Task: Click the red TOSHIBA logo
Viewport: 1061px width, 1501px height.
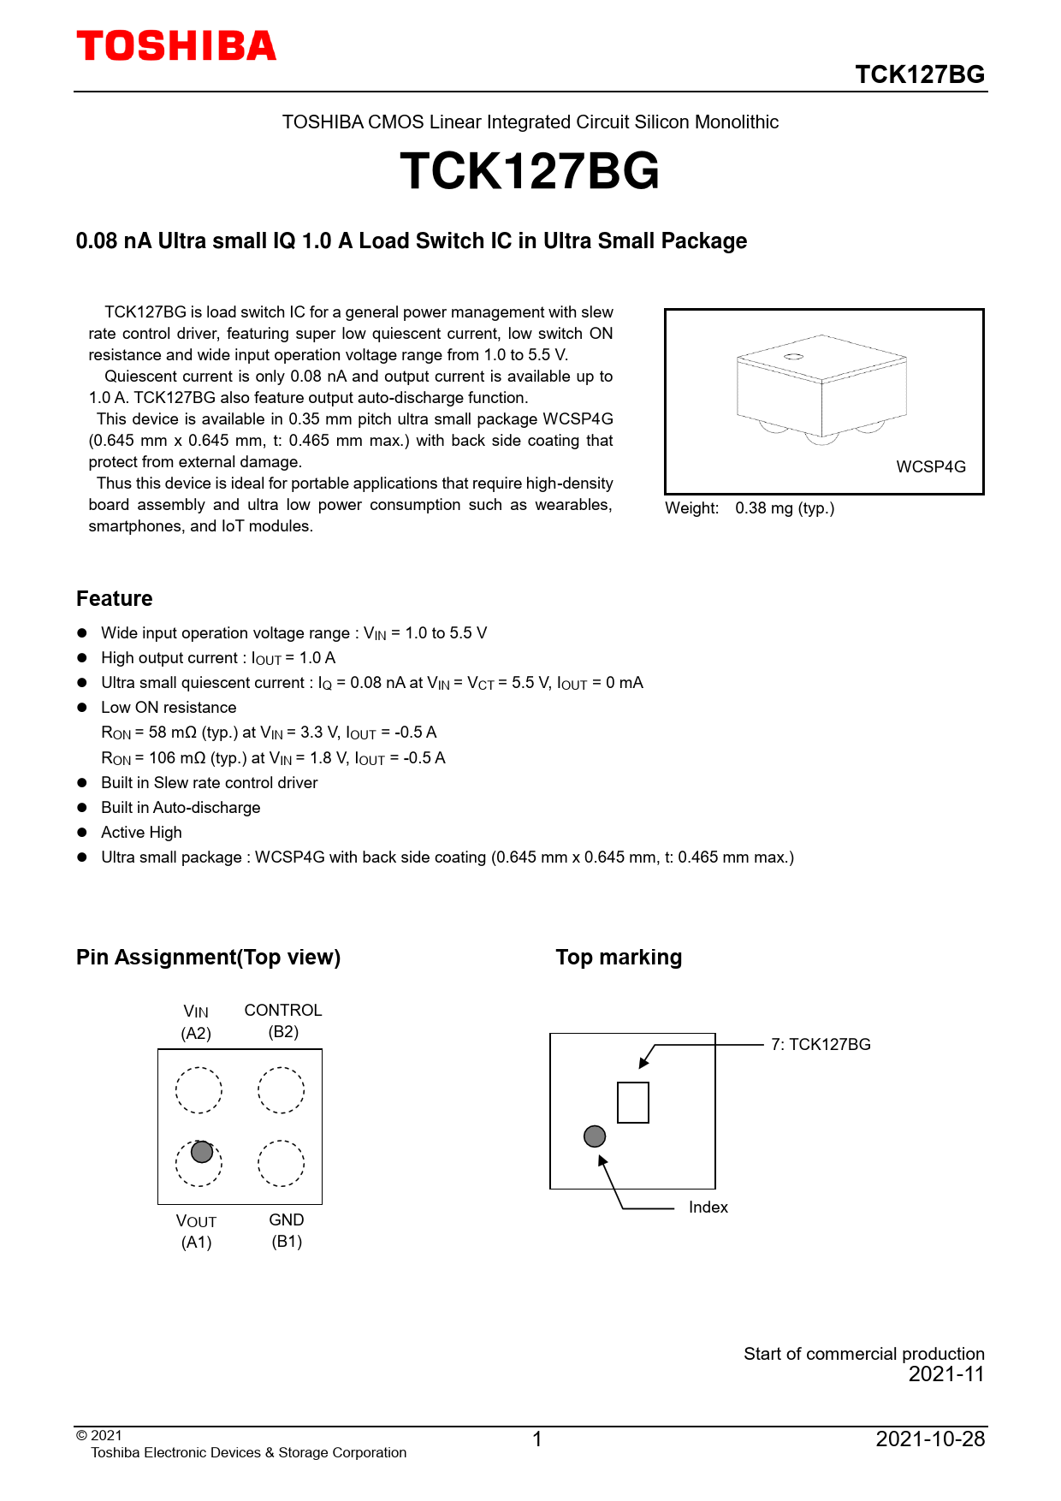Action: [176, 46]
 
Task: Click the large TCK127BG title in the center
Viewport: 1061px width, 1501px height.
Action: [530, 171]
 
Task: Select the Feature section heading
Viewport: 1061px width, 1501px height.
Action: [115, 599]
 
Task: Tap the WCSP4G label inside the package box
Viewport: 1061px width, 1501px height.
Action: [931, 467]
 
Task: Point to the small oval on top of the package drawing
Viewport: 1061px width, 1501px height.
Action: [793, 356]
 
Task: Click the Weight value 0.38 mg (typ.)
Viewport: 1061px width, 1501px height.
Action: [785, 508]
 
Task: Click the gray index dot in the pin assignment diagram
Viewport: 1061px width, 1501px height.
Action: [202, 1152]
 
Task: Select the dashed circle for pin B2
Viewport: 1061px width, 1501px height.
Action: [282, 1090]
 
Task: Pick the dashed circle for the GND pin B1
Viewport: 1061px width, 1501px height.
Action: [282, 1163]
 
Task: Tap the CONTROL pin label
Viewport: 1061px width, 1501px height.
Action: [283, 1011]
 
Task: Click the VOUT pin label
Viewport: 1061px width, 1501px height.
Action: [196, 1221]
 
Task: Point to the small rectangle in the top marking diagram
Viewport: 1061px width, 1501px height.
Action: [633, 1102]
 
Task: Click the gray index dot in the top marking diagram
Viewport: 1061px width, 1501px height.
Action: [595, 1136]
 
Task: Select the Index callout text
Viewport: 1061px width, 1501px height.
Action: [708, 1207]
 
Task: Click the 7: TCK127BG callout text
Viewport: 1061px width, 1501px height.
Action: [821, 1045]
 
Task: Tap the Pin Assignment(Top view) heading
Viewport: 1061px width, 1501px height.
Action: [208, 958]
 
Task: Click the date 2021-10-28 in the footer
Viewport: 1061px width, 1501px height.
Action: [930, 1439]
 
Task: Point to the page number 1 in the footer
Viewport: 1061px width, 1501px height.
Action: [537, 1439]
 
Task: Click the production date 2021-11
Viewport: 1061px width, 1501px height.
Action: [946, 1374]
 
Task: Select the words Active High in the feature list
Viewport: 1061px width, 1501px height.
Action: [141, 833]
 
